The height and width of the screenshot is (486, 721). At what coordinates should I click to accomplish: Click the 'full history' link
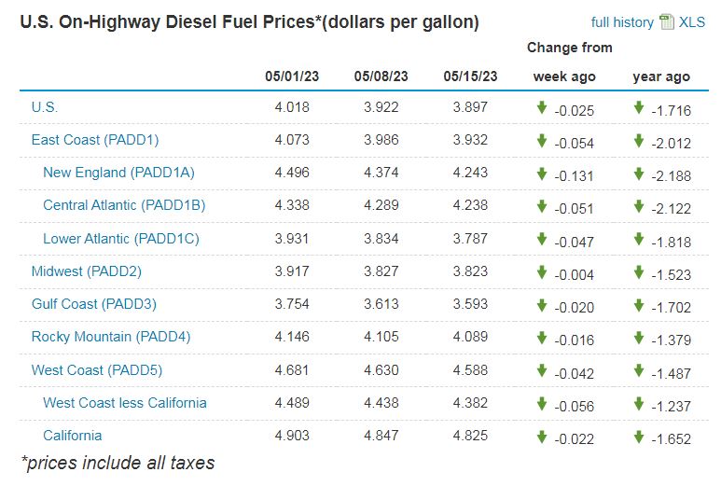click(622, 22)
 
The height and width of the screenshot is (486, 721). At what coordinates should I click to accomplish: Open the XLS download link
click(691, 22)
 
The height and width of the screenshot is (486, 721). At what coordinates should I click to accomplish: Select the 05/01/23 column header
click(292, 76)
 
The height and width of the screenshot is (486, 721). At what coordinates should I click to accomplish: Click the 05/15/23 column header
click(469, 76)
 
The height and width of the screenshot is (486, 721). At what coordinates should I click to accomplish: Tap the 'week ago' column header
click(564, 76)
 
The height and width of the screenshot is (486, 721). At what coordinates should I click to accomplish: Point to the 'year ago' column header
click(661, 76)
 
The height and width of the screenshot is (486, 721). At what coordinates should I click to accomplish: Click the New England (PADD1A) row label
click(118, 173)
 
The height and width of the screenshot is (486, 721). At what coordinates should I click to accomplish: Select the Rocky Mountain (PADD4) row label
click(110, 337)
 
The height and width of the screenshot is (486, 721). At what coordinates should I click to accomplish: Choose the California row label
click(72, 436)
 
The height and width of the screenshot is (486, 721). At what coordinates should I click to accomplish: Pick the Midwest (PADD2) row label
click(86, 271)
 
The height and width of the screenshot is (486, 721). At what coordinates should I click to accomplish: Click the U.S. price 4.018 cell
click(292, 107)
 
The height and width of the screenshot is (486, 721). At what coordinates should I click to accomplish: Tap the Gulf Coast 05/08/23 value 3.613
click(381, 304)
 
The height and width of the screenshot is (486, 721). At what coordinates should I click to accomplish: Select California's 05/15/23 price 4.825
click(469, 436)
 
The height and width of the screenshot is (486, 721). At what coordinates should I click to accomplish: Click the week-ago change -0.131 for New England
click(574, 174)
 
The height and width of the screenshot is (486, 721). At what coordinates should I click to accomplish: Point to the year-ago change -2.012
click(671, 141)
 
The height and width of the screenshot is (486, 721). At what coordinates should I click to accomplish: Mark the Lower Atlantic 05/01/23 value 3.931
click(292, 239)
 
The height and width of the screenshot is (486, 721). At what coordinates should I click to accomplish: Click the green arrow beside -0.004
click(541, 271)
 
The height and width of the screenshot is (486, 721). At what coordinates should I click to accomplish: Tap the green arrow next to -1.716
click(638, 107)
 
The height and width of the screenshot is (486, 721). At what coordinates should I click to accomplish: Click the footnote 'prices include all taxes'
click(118, 463)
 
